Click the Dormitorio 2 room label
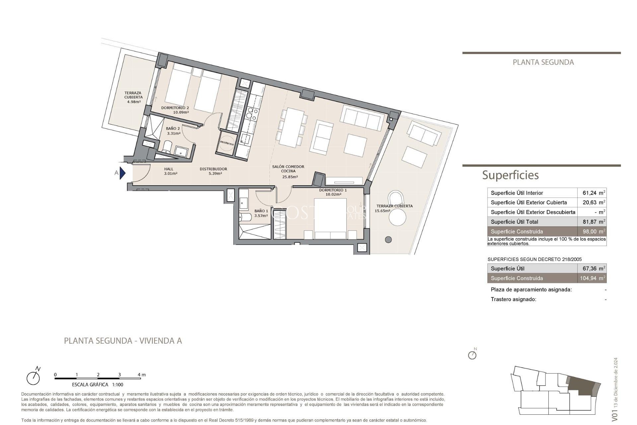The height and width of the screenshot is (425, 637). click(175, 108)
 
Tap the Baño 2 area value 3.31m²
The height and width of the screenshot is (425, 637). click(174, 133)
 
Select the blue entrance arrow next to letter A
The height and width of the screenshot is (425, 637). click(122, 173)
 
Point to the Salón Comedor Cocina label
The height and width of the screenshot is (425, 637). click(288, 169)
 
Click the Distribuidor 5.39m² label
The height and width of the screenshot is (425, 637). click(213, 171)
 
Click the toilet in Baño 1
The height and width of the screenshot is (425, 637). click(245, 217)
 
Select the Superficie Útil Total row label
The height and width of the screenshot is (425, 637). click(514, 222)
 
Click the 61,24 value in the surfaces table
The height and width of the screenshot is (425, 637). click(589, 193)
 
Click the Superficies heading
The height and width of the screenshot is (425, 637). click(510, 175)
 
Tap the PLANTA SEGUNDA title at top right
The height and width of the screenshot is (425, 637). click(543, 62)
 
